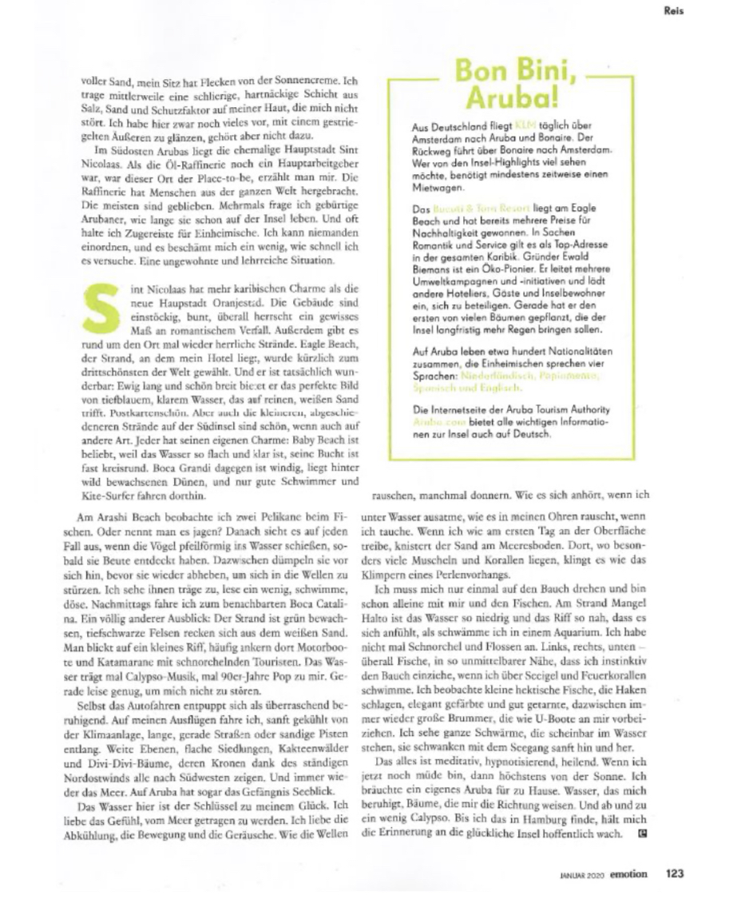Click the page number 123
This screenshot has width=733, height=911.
click(x=674, y=873)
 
